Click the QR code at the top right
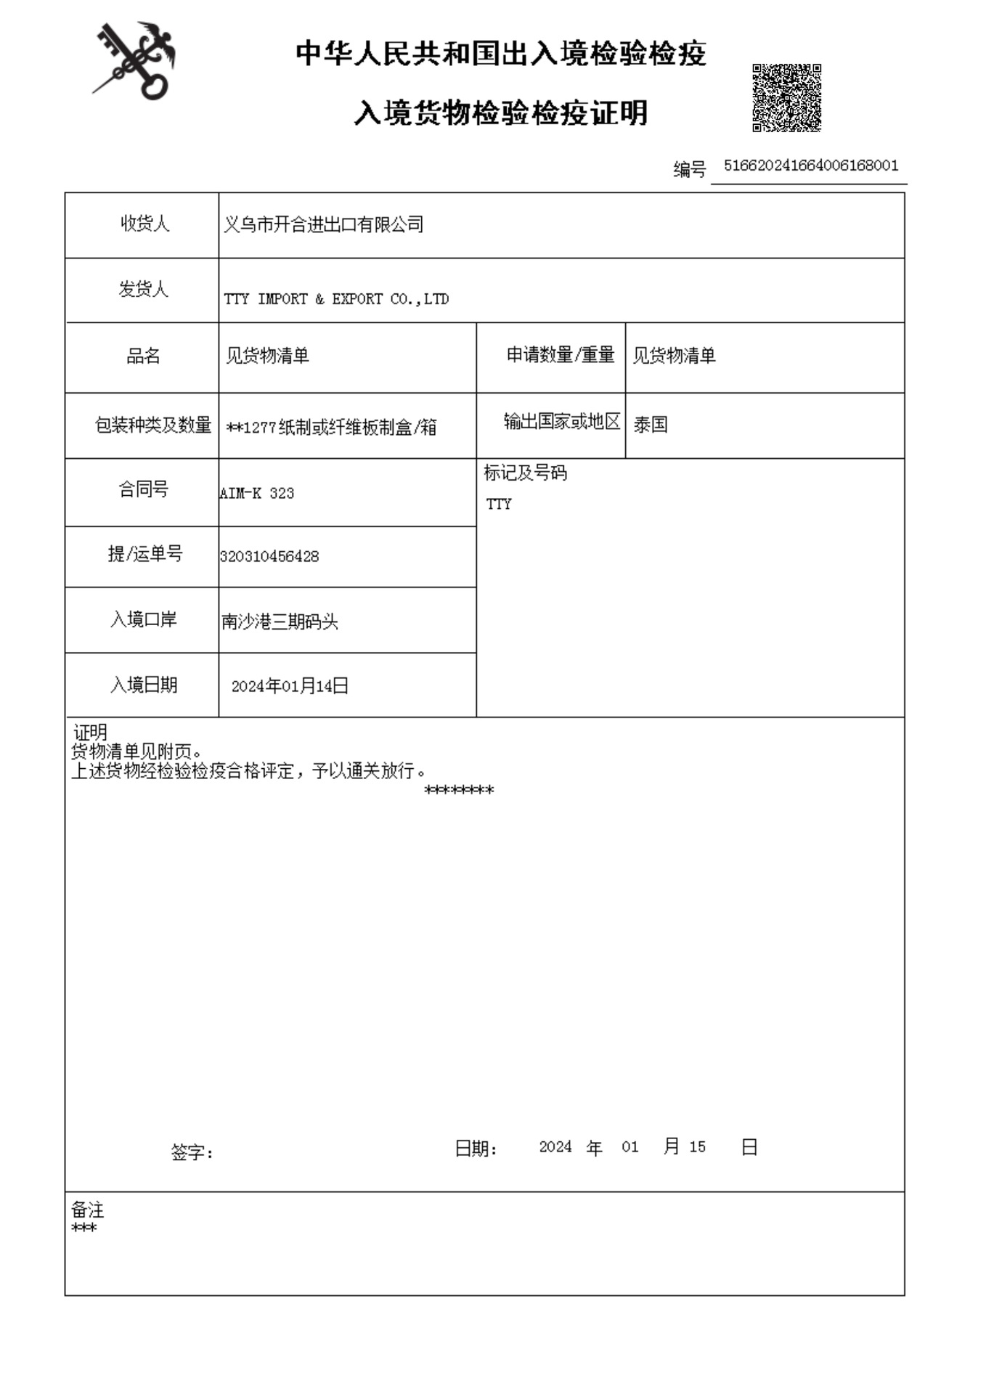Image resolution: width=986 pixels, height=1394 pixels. click(786, 97)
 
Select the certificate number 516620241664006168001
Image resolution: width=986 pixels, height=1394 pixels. click(810, 166)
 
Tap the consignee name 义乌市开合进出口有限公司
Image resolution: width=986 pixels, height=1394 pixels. click(323, 224)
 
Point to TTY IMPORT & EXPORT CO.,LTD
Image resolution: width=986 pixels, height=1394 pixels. click(336, 299)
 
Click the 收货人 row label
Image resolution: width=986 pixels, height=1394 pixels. click(144, 223)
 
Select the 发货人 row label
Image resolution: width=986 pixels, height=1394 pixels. click(144, 289)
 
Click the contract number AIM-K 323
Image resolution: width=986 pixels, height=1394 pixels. click(257, 493)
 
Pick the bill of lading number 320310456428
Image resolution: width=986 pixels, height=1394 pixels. click(269, 556)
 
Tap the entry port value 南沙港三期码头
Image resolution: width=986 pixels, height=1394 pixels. click(280, 621)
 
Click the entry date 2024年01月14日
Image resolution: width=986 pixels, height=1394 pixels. click(290, 685)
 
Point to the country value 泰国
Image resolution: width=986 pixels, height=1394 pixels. click(650, 425)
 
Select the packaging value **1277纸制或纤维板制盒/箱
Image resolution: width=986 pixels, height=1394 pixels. click(332, 427)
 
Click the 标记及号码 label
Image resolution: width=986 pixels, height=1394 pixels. click(525, 473)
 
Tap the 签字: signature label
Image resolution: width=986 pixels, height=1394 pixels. click(192, 1152)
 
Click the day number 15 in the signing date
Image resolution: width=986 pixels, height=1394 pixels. click(697, 1147)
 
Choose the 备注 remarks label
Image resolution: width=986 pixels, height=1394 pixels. click(88, 1210)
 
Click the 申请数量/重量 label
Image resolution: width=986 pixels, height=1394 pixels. click(560, 354)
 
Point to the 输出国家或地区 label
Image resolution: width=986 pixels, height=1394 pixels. click(561, 421)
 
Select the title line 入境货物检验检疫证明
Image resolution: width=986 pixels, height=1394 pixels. click(500, 113)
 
